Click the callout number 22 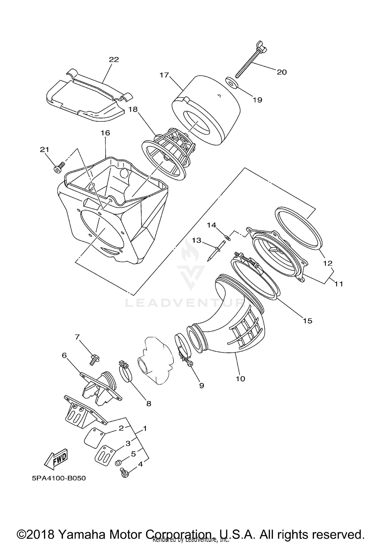point(114,59)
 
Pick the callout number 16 point(105,133)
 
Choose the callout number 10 point(240,379)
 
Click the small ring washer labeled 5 point(118,462)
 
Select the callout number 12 point(328,263)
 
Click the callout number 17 point(164,75)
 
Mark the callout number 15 point(308,321)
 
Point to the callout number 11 point(339,284)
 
